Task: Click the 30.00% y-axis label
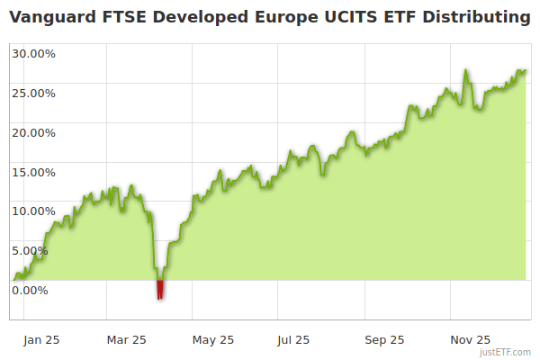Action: [34, 53]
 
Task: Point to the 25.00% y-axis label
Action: [34, 93]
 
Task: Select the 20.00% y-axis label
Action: [34, 132]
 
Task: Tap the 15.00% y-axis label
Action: [34, 172]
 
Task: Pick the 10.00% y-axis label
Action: [34, 211]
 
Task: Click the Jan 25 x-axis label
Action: [41, 340]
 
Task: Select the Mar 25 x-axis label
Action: [126, 340]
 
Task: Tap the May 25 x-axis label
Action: [213, 340]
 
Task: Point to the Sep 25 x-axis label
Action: [384, 340]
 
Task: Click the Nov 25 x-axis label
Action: [470, 340]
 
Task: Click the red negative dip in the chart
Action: [160, 289]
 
